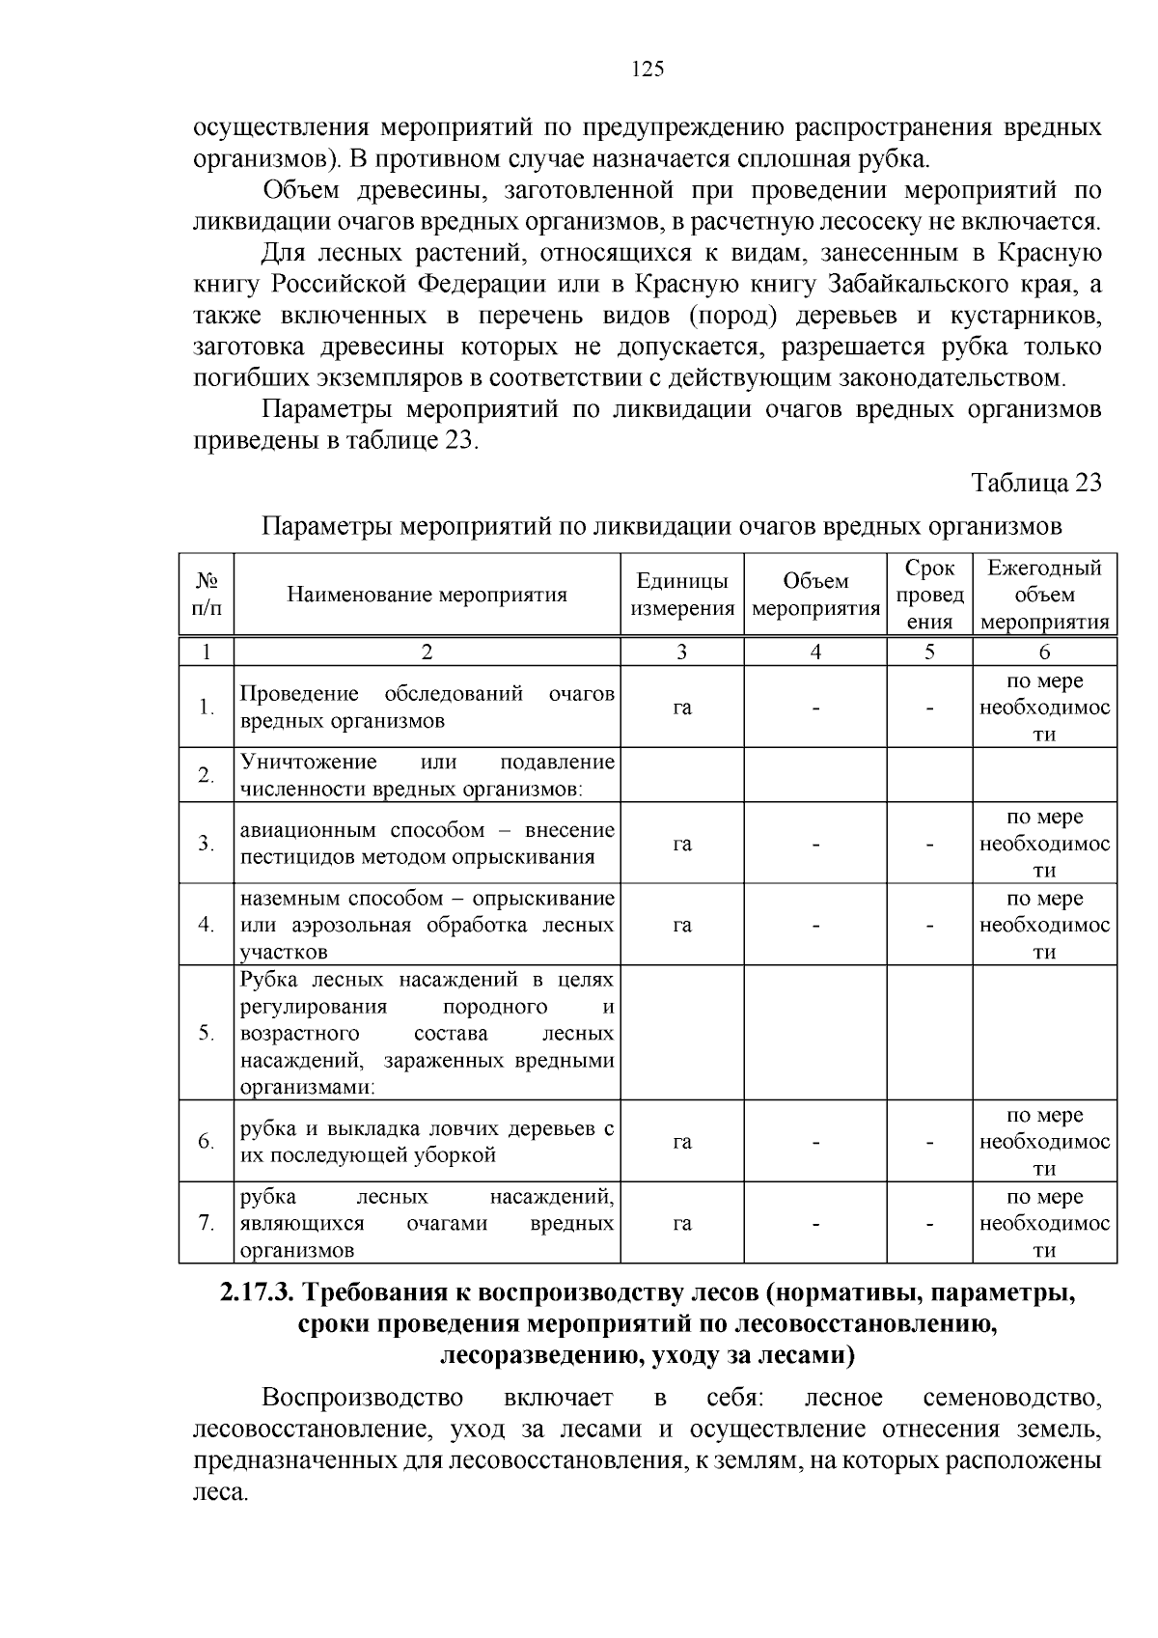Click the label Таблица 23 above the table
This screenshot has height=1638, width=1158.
point(1035,483)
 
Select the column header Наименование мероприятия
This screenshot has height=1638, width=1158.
point(427,595)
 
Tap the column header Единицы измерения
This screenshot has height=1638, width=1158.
point(682,595)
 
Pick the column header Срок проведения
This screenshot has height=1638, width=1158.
point(929,595)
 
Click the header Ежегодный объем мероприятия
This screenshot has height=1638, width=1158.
point(1044,595)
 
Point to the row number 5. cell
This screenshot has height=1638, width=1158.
point(206,1033)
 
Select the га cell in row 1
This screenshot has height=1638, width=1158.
point(682,708)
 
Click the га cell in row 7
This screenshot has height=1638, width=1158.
point(682,1223)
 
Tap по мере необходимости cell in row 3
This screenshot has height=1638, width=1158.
point(1044,843)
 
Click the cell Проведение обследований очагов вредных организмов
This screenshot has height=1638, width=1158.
point(427,707)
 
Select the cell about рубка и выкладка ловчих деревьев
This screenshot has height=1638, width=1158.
point(427,1141)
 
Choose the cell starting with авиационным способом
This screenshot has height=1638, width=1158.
point(427,843)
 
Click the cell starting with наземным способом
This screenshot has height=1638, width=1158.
point(427,925)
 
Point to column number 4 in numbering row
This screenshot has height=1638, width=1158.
point(815,652)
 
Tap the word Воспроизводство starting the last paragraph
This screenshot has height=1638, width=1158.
point(362,1398)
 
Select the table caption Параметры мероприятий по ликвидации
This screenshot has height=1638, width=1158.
point(662,527)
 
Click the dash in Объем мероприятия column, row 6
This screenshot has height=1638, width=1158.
point(815,1142)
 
